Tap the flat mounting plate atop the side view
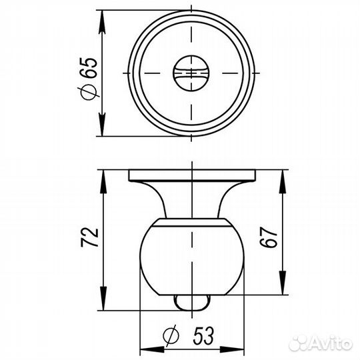point(192,175)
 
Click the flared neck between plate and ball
point(192,200)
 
